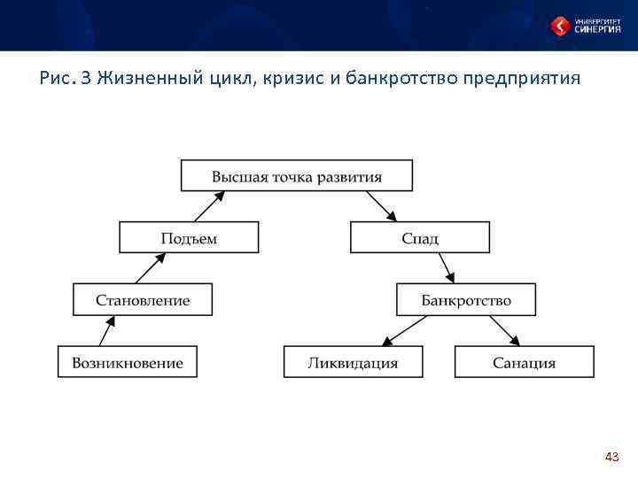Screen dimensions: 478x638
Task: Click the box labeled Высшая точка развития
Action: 297,175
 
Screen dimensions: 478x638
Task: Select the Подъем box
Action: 189,237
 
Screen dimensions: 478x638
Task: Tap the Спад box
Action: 420,237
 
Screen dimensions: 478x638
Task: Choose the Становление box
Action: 143,299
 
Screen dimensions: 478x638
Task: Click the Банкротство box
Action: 466,299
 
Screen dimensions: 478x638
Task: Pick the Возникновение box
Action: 128,362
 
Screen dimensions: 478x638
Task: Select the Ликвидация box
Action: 353,362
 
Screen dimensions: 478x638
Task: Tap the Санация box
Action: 525,362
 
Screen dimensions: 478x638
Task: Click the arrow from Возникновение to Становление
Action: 107,331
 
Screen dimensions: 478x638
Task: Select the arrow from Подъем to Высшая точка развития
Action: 206,206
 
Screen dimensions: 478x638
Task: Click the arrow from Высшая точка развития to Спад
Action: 380,206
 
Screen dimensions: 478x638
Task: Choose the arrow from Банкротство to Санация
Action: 504,331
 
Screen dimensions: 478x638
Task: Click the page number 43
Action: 611,457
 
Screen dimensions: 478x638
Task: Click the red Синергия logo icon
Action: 560,26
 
